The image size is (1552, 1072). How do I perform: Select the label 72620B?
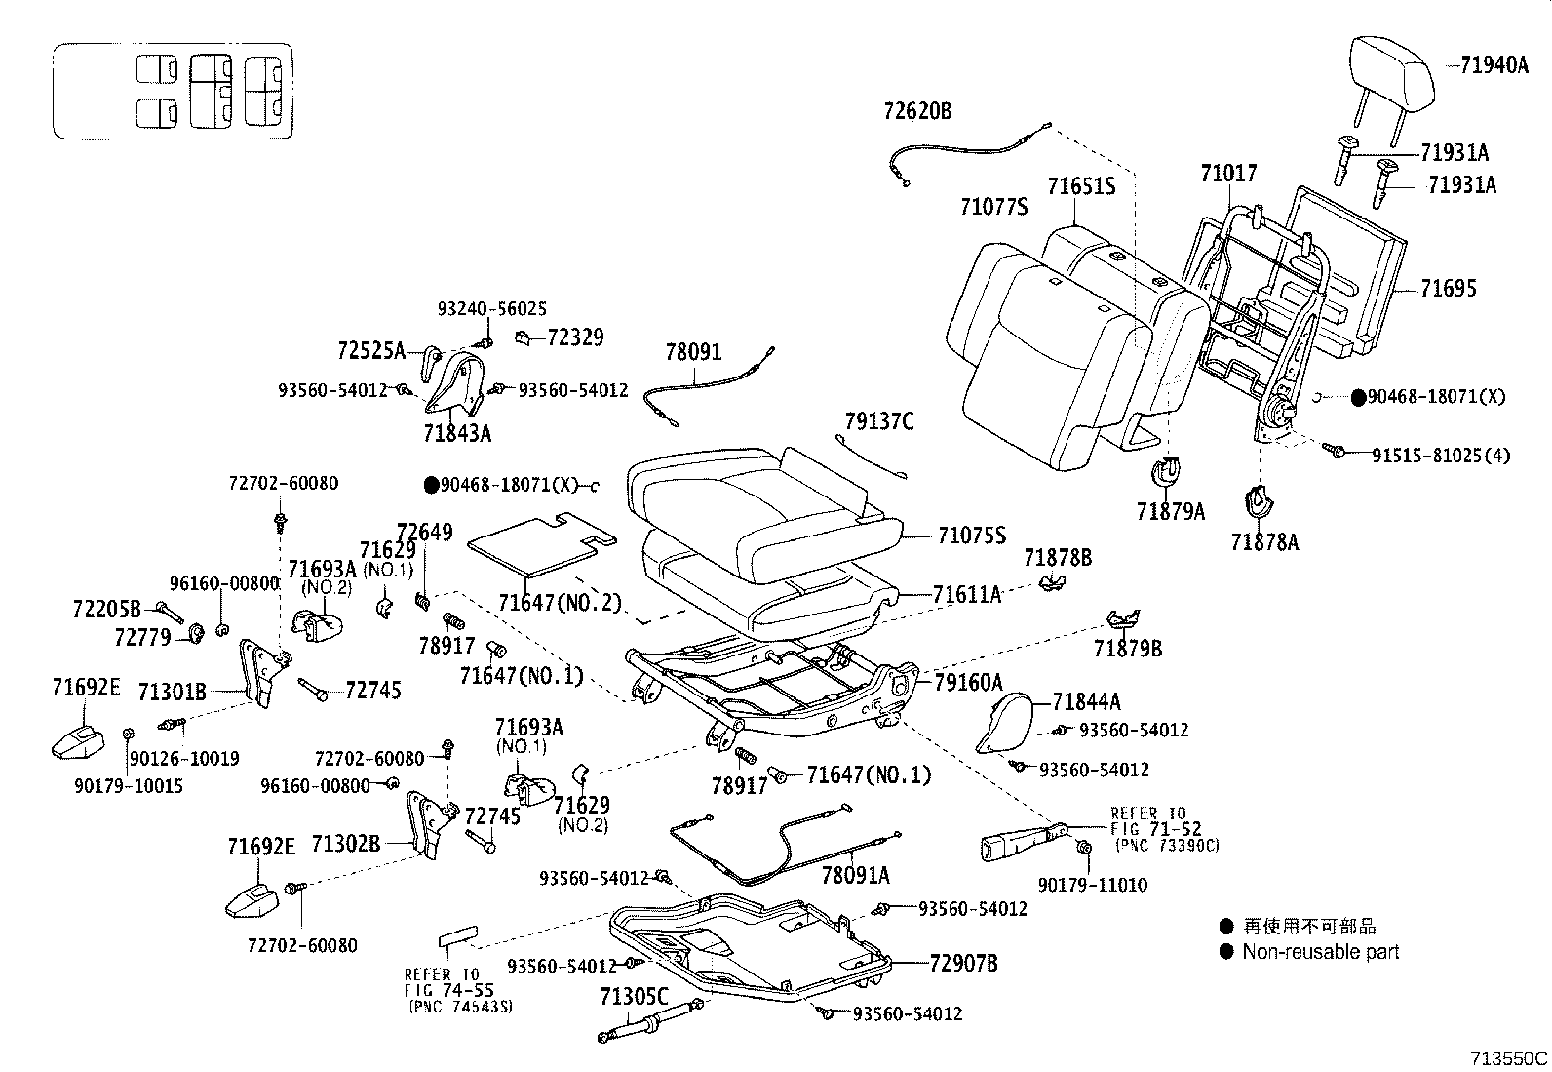[x=917, y=111]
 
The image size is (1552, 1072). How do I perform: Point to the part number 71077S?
[x=993, y=207]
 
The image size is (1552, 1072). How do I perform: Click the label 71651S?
[x=1081, y=185]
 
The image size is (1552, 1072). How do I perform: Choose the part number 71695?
[x=1448, y=289]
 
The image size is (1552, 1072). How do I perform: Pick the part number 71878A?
[x=1264, y=542]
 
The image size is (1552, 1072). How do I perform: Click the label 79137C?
[x=879, y=421]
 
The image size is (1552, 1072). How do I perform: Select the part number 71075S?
[x=971, y=535]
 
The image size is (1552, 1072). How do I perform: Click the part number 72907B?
[x=963, y=964]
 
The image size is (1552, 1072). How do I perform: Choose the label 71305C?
[x=634, y=997]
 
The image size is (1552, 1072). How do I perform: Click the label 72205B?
[x=106, y=609]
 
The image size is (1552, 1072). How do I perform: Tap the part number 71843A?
[x=457, y=432]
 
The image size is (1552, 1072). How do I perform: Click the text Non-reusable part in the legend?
[x=1320, y=952]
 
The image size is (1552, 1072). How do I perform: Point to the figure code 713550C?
[x=1509, y=1058]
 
